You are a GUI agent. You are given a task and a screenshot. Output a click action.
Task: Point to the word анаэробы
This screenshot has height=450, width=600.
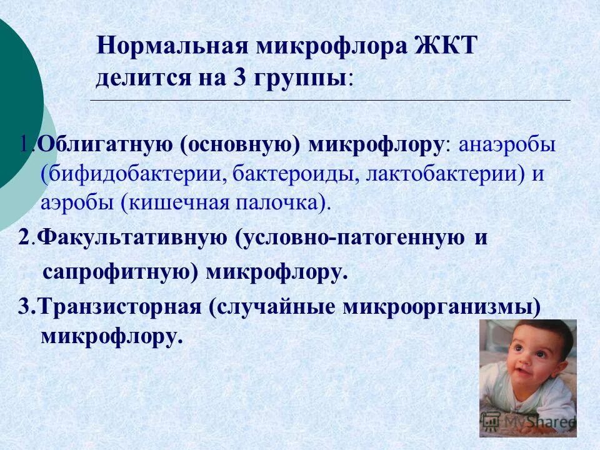point(507,145)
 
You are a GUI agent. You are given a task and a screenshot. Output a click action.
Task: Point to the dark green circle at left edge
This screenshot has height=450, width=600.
point(16,100)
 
